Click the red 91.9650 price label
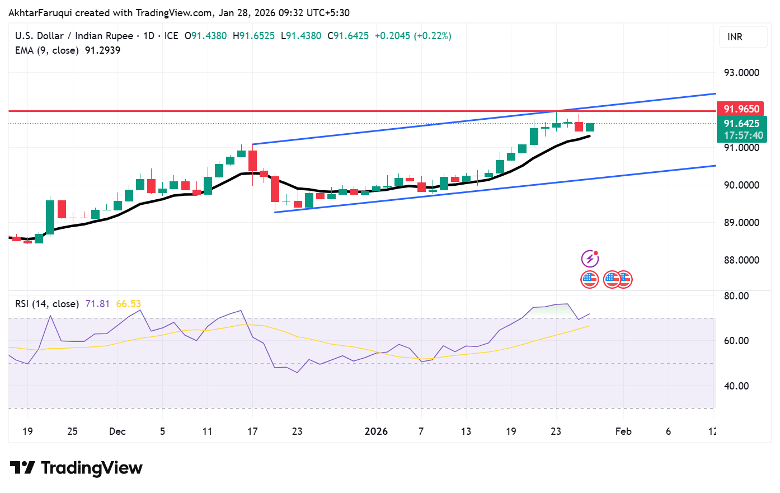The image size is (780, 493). tap(741, 109)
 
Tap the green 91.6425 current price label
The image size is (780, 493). tap(741, 124)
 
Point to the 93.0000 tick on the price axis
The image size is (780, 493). tap(741, 73)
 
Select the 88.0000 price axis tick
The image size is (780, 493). tap(741, 260)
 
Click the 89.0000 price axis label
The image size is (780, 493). tap(741, 223)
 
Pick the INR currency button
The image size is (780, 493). tap(735, 37)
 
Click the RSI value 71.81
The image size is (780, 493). tap(97, 304)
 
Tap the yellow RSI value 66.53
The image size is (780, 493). tap(128, 304)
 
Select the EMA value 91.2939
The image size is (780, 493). tap(102, 50)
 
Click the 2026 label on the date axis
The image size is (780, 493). tap(376, 431)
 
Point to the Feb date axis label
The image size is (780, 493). tap(623, 431)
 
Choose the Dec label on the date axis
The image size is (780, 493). tap(118, 431)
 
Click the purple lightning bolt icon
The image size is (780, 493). tap(590, 259)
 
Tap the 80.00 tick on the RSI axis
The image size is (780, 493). tap(736, 296)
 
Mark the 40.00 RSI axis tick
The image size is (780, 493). tap(736, 386)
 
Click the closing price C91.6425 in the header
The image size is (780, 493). tap(348, 36)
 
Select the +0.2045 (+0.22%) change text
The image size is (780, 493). tap(413, 36)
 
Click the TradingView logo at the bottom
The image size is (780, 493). tap(77, 468)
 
